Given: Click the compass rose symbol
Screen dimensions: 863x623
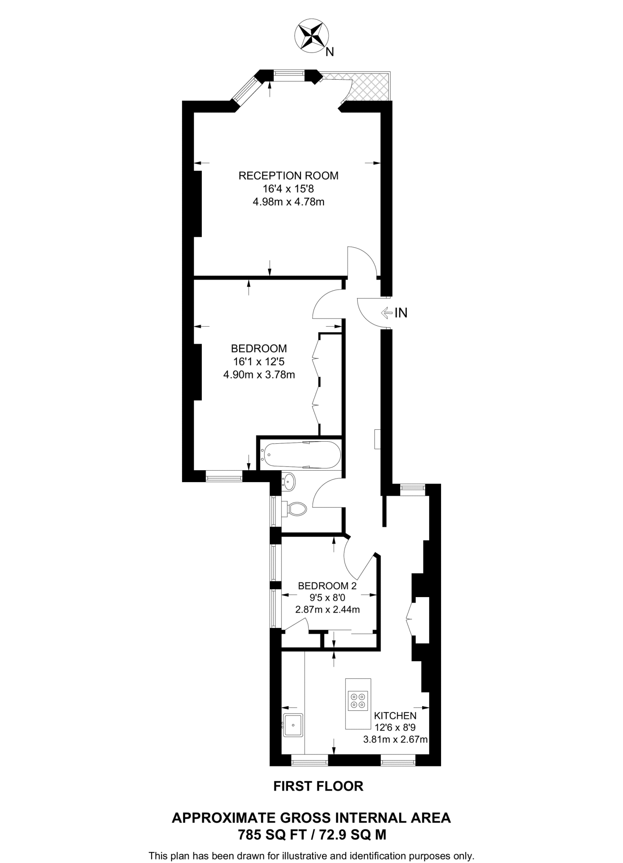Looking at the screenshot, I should [x=311, y=37].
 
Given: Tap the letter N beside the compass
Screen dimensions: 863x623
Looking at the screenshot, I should [x=330, y=52].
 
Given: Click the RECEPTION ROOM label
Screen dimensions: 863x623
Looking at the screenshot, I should [x=288, y=175].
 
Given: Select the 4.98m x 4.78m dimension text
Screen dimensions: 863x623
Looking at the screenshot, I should [x=288, y=202].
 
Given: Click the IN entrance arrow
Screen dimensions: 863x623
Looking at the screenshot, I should [x=385, y=312].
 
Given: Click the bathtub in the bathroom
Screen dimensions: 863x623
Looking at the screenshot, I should [x=301, y=455].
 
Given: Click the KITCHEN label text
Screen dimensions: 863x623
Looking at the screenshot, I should [x=395, y=715].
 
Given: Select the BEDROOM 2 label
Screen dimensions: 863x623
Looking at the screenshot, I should [x=327, y=586].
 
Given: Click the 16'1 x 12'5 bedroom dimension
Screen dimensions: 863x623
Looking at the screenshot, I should [x=259, y=361].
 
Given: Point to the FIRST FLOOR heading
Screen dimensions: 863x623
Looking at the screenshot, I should [x=318, y=786].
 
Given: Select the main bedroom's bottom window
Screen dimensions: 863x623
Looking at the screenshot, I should [x=224, y=478].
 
